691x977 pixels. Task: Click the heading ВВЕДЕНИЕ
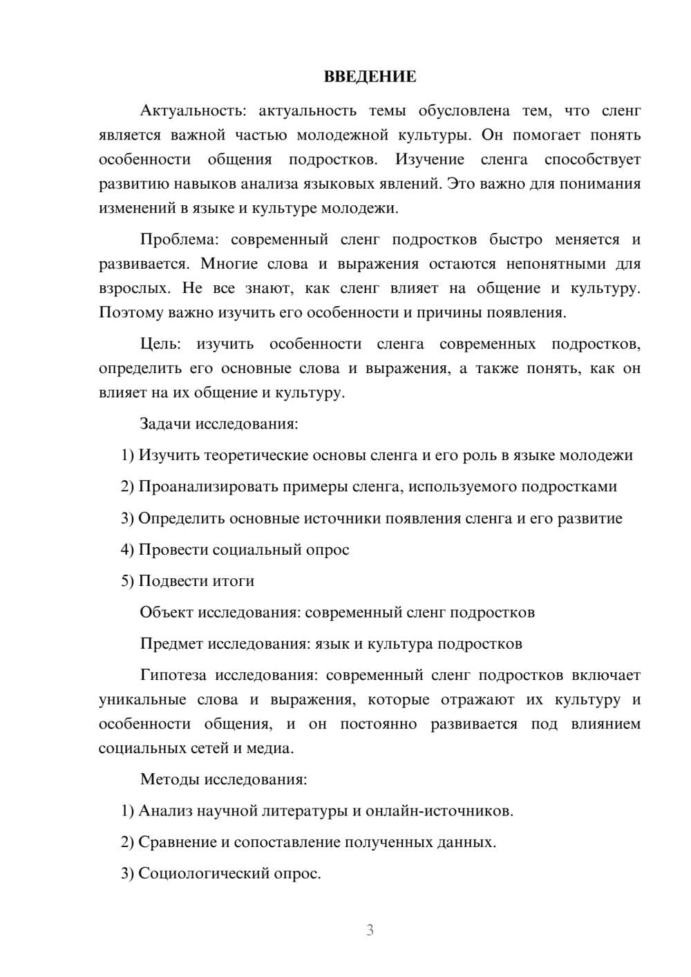(x=370, y=77)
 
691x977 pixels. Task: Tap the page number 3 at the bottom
(x=370, y=930)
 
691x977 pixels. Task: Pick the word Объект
(x=167, y=612)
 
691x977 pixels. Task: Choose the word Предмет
(x=171, y=644)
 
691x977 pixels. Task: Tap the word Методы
(x=169, y=779)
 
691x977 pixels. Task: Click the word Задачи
(x=165, y=424)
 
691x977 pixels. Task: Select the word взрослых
(x=132, y=288)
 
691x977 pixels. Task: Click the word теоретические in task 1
(x=255, y=455)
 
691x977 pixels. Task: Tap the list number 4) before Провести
(x=127, y=549)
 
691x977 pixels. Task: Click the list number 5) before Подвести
(x=127, y=581)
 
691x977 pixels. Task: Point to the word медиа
(x=274, y=748)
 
